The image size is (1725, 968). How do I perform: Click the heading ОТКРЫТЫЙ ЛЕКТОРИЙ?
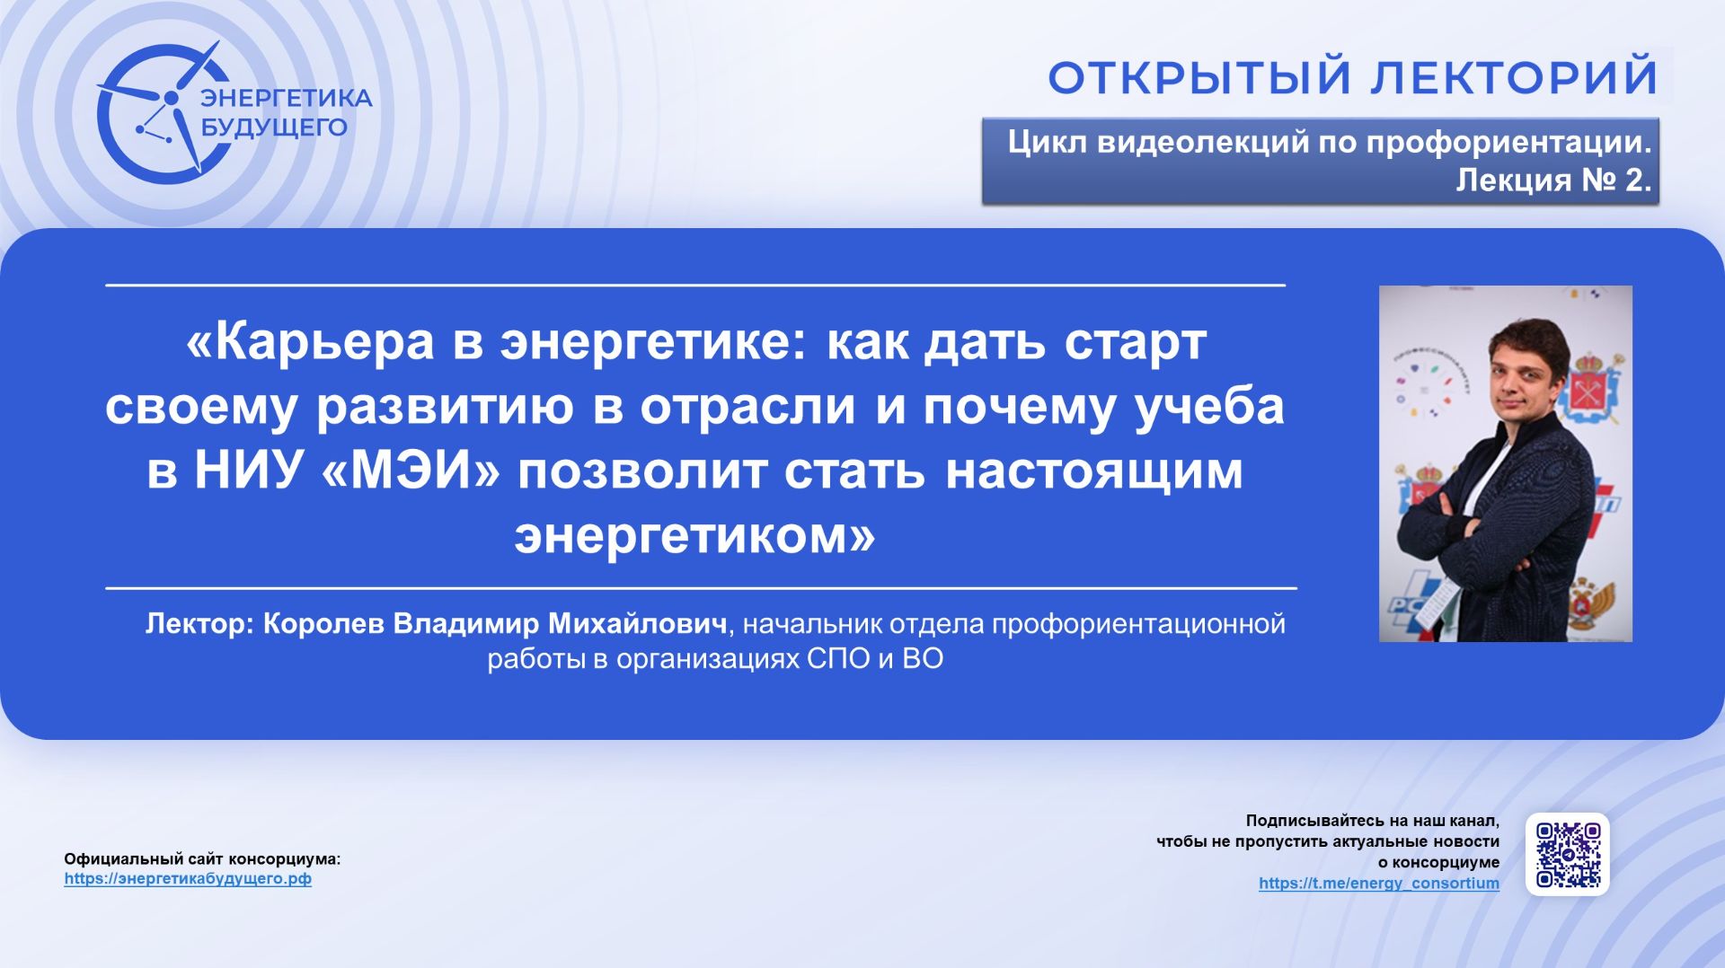pos(1352,77)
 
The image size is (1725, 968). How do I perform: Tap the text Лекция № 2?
pos(1552,180)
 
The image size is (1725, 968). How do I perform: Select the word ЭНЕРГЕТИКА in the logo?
pos(286,98)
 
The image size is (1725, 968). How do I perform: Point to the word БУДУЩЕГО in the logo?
pos(273,128)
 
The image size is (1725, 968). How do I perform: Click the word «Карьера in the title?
pos(310,342)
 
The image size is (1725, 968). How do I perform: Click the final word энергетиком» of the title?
pos(694,536)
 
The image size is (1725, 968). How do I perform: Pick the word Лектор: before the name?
pos(200,624)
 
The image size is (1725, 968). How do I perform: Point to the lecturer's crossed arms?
pos(1482,530)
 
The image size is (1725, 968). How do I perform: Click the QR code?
pos(1568,855)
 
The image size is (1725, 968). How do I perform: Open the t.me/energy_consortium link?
pos(1378,884)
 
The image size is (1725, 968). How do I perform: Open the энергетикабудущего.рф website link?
pos(188,879)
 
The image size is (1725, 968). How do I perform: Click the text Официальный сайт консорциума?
pos(202,859)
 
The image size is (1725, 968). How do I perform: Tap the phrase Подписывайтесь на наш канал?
pos(1372,821)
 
